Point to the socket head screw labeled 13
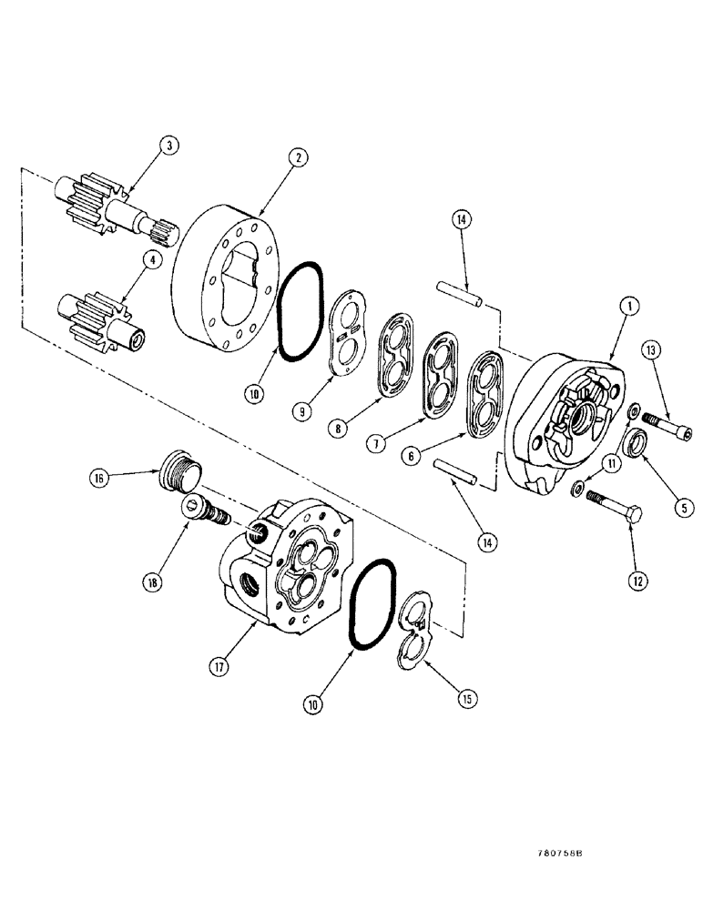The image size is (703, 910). click(x=667, y=421)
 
